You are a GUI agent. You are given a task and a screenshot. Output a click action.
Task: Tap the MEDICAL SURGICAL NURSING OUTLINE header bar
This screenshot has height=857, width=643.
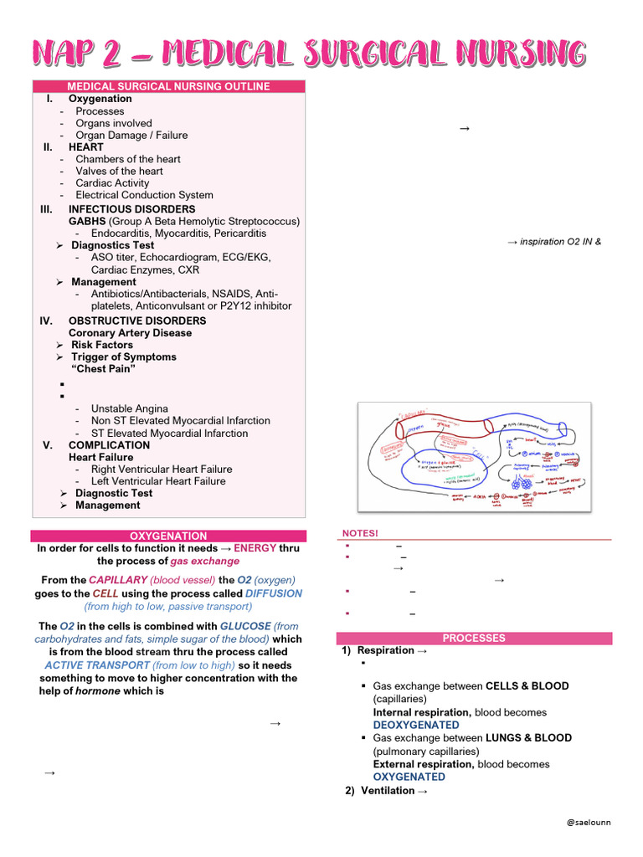pyautogui.click(x=168, y=86)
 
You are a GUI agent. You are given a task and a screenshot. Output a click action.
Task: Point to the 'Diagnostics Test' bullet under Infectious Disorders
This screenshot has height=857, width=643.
pyautogui.click(x=112, y=245)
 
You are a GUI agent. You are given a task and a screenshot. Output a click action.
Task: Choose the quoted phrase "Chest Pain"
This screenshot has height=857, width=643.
pyautogui.click(x=105, y=369)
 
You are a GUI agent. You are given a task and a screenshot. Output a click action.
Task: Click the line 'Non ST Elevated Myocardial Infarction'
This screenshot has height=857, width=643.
pyautogui.click(x=180, y=421)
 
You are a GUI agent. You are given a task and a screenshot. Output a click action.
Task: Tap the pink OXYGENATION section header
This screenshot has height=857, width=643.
pyautogui.click(x=168, y=536)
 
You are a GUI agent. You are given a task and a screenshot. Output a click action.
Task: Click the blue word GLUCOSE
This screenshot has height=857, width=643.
pyautogui.click(x=245, y=626)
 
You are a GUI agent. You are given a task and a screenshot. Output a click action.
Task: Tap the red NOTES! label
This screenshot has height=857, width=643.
pyautogui.click(x=361, y=533)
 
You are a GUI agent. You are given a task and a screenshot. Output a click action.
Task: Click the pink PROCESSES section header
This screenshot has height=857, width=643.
pyautogui.click(x=474, y=638)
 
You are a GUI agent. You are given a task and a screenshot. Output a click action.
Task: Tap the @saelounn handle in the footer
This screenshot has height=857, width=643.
pyautogui.click(x=589, y=822)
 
